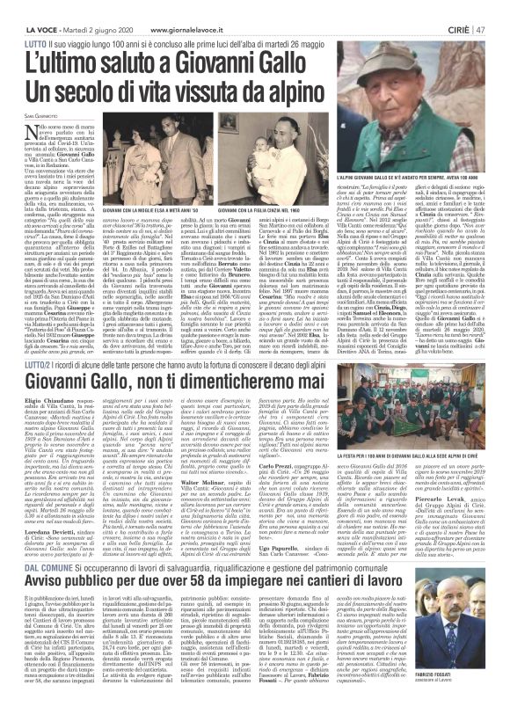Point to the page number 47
click(497, 9)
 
